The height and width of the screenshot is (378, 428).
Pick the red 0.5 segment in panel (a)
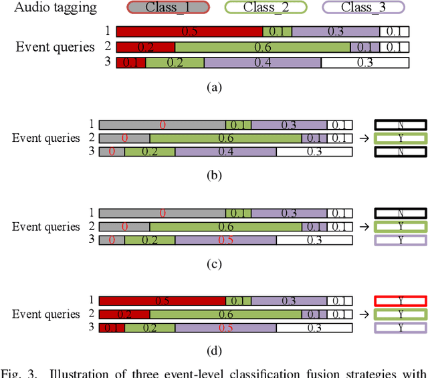point(189,31)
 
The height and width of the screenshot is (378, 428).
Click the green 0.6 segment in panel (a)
point(262,48)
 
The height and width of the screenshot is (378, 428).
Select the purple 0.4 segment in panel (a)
point(262,63)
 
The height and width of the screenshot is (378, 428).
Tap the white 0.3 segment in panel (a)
point(364,63)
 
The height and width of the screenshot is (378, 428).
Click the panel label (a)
point(214,86)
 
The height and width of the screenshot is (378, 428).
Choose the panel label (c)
point(214,263)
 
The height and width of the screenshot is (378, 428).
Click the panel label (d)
point(214,351)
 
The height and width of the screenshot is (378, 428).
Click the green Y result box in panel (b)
point(400,138)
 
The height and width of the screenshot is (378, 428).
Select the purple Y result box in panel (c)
point(400,240)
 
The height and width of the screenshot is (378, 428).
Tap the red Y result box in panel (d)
point(400,301)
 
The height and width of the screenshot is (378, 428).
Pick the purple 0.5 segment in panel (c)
point(225,240)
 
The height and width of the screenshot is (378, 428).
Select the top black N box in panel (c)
point(400,213)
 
